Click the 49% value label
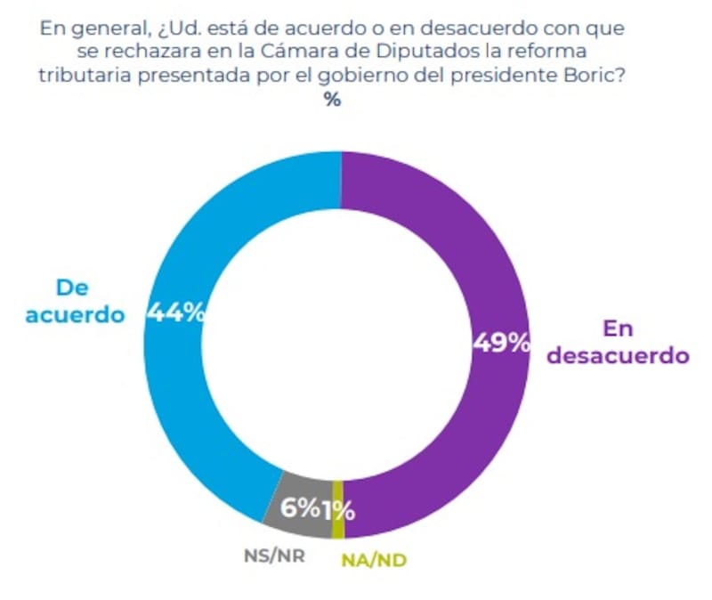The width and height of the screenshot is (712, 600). pos(501,342)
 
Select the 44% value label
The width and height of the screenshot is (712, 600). pos(176,312)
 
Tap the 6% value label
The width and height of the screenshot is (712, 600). pos(300,508)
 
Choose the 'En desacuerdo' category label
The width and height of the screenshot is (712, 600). pos(618,341)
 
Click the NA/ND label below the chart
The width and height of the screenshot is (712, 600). pos(375,560)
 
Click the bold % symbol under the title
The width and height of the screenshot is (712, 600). pos(332,100)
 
